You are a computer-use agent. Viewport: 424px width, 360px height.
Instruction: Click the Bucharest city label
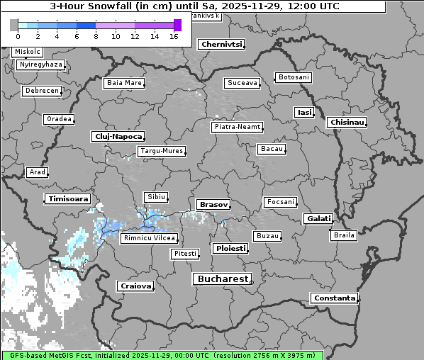point(221,279)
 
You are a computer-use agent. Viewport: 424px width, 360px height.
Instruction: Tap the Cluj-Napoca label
point(118,136)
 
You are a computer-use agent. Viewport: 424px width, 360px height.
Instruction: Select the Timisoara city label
point(68,199)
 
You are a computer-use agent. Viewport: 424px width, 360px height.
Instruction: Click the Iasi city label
point(304,113)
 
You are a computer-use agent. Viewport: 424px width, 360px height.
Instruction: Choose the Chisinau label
point(347,123)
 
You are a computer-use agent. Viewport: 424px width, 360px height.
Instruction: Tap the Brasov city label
point(213,204)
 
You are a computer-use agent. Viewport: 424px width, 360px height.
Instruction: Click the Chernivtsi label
point(222,44)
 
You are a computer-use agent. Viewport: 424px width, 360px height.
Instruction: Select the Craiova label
point(135,286)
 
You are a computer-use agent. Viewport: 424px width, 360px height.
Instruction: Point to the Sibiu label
point(155,196)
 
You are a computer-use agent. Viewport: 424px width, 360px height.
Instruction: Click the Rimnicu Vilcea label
point(149,238)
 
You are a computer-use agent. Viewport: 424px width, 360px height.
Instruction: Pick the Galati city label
point(319,219)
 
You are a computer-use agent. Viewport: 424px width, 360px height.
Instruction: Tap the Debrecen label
point(41,91)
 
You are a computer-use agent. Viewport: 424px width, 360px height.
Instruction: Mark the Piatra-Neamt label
point(237,127)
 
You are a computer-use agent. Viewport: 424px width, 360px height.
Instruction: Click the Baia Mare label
point(124,83)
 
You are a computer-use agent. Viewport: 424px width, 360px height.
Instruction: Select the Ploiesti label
point(230,249)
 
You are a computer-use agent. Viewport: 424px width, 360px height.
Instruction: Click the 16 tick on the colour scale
point(174,36)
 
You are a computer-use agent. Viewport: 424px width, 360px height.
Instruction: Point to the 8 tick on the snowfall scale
point(96,36)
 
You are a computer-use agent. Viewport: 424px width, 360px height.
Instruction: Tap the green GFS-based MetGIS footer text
point(162,355)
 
